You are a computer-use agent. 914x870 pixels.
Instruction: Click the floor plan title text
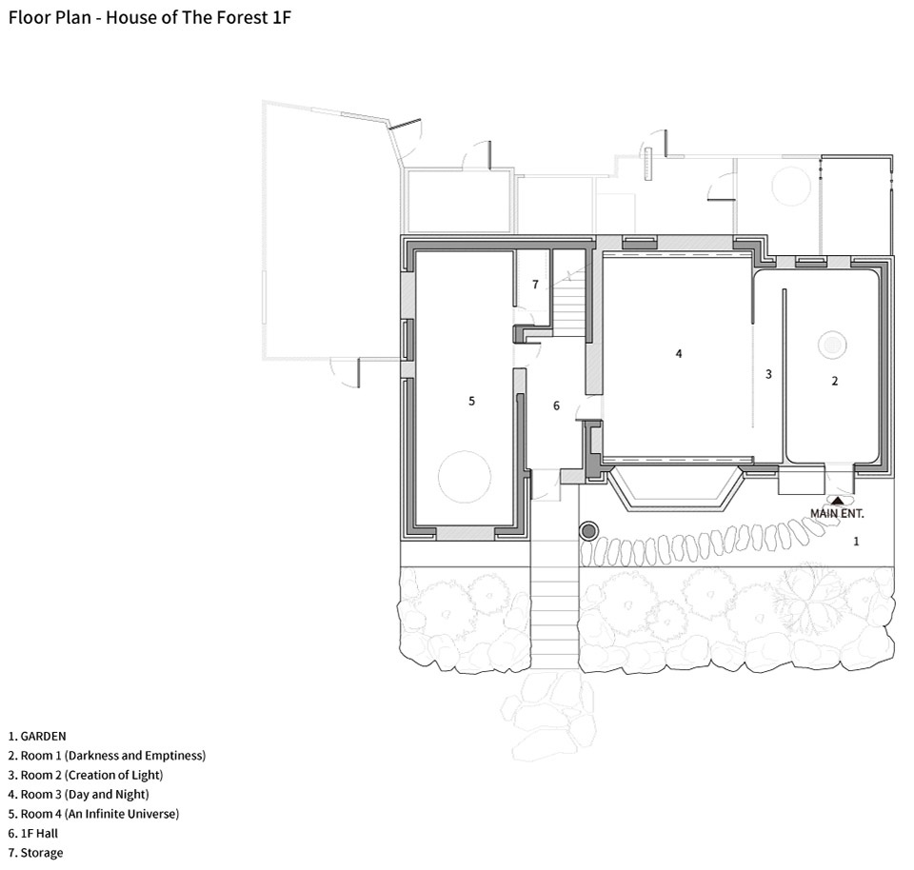(x=149, y=17)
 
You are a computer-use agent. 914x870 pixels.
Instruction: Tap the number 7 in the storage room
(x=535, y=285)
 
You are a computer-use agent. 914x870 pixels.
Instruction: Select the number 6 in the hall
(x=556, y=405)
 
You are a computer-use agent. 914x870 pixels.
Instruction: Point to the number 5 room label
(x=471, y=401)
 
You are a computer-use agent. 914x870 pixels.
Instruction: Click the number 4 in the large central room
(x=679, y=353)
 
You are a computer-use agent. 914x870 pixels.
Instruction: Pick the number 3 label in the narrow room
(x=768, y=374)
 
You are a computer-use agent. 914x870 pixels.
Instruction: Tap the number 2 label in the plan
(x=835, y=381)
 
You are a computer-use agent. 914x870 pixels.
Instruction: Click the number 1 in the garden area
(x=856, y=542)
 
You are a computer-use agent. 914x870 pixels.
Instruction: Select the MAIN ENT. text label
(x=837, y=513)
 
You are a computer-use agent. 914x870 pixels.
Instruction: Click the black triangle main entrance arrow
(x=837, y=500)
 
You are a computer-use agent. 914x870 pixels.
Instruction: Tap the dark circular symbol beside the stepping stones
(x=588, y=531)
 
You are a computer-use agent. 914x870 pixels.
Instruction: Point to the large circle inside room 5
(x=465, y=477)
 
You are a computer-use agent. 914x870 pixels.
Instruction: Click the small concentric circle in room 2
(x=832, y=345)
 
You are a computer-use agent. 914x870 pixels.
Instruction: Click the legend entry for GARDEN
(x=37, y=737)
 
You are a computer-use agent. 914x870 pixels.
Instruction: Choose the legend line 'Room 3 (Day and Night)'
(x=79, y=794)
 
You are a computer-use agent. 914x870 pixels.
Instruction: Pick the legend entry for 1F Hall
(x=33, y=833)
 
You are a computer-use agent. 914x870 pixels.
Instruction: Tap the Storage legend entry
(x=35, y=853)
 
